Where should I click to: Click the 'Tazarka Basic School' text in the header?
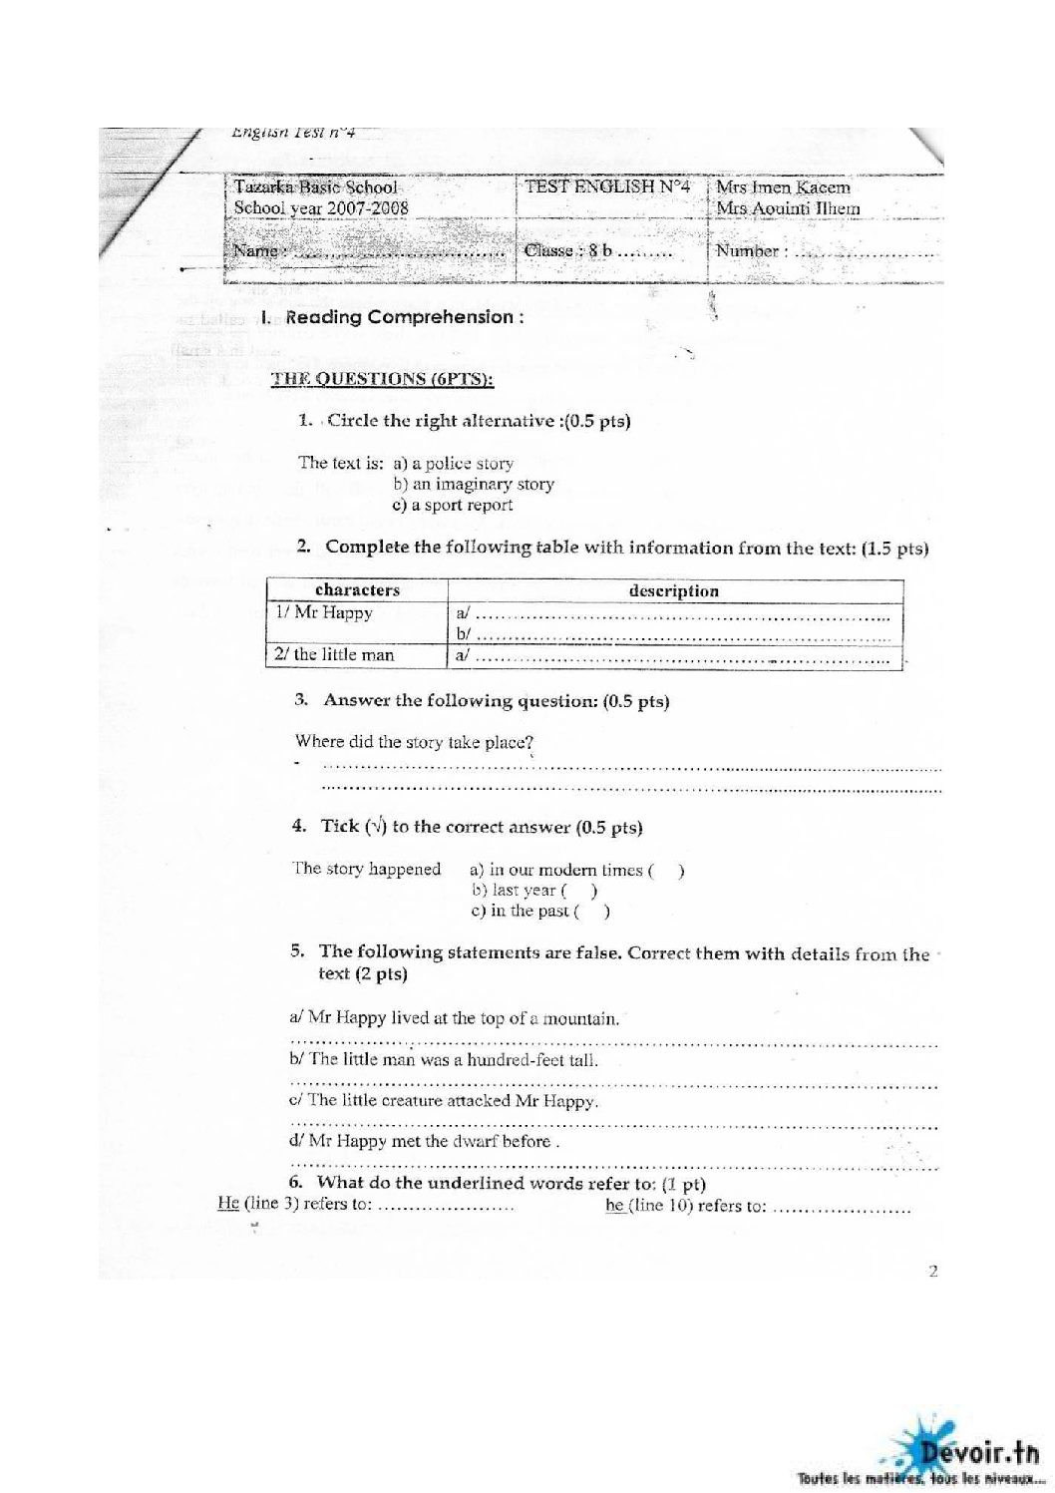pos(315,187)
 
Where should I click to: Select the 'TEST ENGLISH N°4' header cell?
pos(607,187)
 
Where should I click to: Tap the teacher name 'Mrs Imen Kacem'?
pos(783,187)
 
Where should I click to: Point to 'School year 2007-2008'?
pos(321,208)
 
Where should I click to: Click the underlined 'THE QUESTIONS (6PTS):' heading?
pos(383,379)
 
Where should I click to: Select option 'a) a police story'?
pos(454,464)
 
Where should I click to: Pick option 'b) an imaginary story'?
pos(474,485)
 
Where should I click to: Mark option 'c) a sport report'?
pos(453,505)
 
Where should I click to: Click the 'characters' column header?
pos(357,590)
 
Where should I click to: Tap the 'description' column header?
pos(674,590)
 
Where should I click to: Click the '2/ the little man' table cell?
pos(334,655)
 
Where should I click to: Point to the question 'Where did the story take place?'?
pos(415,742)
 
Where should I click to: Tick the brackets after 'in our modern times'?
pos(666,871)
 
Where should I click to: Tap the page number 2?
pos(933,1271)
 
